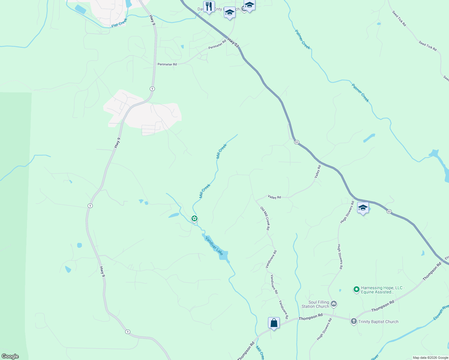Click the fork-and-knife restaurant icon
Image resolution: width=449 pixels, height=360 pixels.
coord(209,6)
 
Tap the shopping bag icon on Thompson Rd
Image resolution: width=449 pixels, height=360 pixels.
coord(274,323)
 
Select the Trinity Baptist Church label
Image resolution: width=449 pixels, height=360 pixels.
coord(378,322)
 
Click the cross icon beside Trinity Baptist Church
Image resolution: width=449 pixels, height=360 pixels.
coord(354,321)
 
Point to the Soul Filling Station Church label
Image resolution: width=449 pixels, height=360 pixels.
coord(315,304)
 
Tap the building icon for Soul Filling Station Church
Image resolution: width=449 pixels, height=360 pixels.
coord(334,304)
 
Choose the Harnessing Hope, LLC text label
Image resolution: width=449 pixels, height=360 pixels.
coord(383,290)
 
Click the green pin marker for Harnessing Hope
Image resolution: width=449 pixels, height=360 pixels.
coord(357,289)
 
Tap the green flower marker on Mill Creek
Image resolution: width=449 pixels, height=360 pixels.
coord(194,218)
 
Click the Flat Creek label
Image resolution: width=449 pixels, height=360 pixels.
coord(119,23)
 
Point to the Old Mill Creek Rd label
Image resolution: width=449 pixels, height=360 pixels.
coord(265,218)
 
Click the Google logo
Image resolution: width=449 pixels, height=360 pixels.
coord(10,356)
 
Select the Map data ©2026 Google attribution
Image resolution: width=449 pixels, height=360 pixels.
coord(430,358)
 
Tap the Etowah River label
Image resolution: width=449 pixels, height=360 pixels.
coord(441,312)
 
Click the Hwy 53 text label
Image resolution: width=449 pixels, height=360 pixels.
coord(233,43)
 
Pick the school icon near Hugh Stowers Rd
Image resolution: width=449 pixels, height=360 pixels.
coord(363,208)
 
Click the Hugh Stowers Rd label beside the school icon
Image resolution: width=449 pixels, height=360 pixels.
coord(347,212)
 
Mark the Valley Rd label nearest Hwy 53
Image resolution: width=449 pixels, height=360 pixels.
coord(318,172)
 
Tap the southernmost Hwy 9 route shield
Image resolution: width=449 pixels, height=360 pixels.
coord(128,331)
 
